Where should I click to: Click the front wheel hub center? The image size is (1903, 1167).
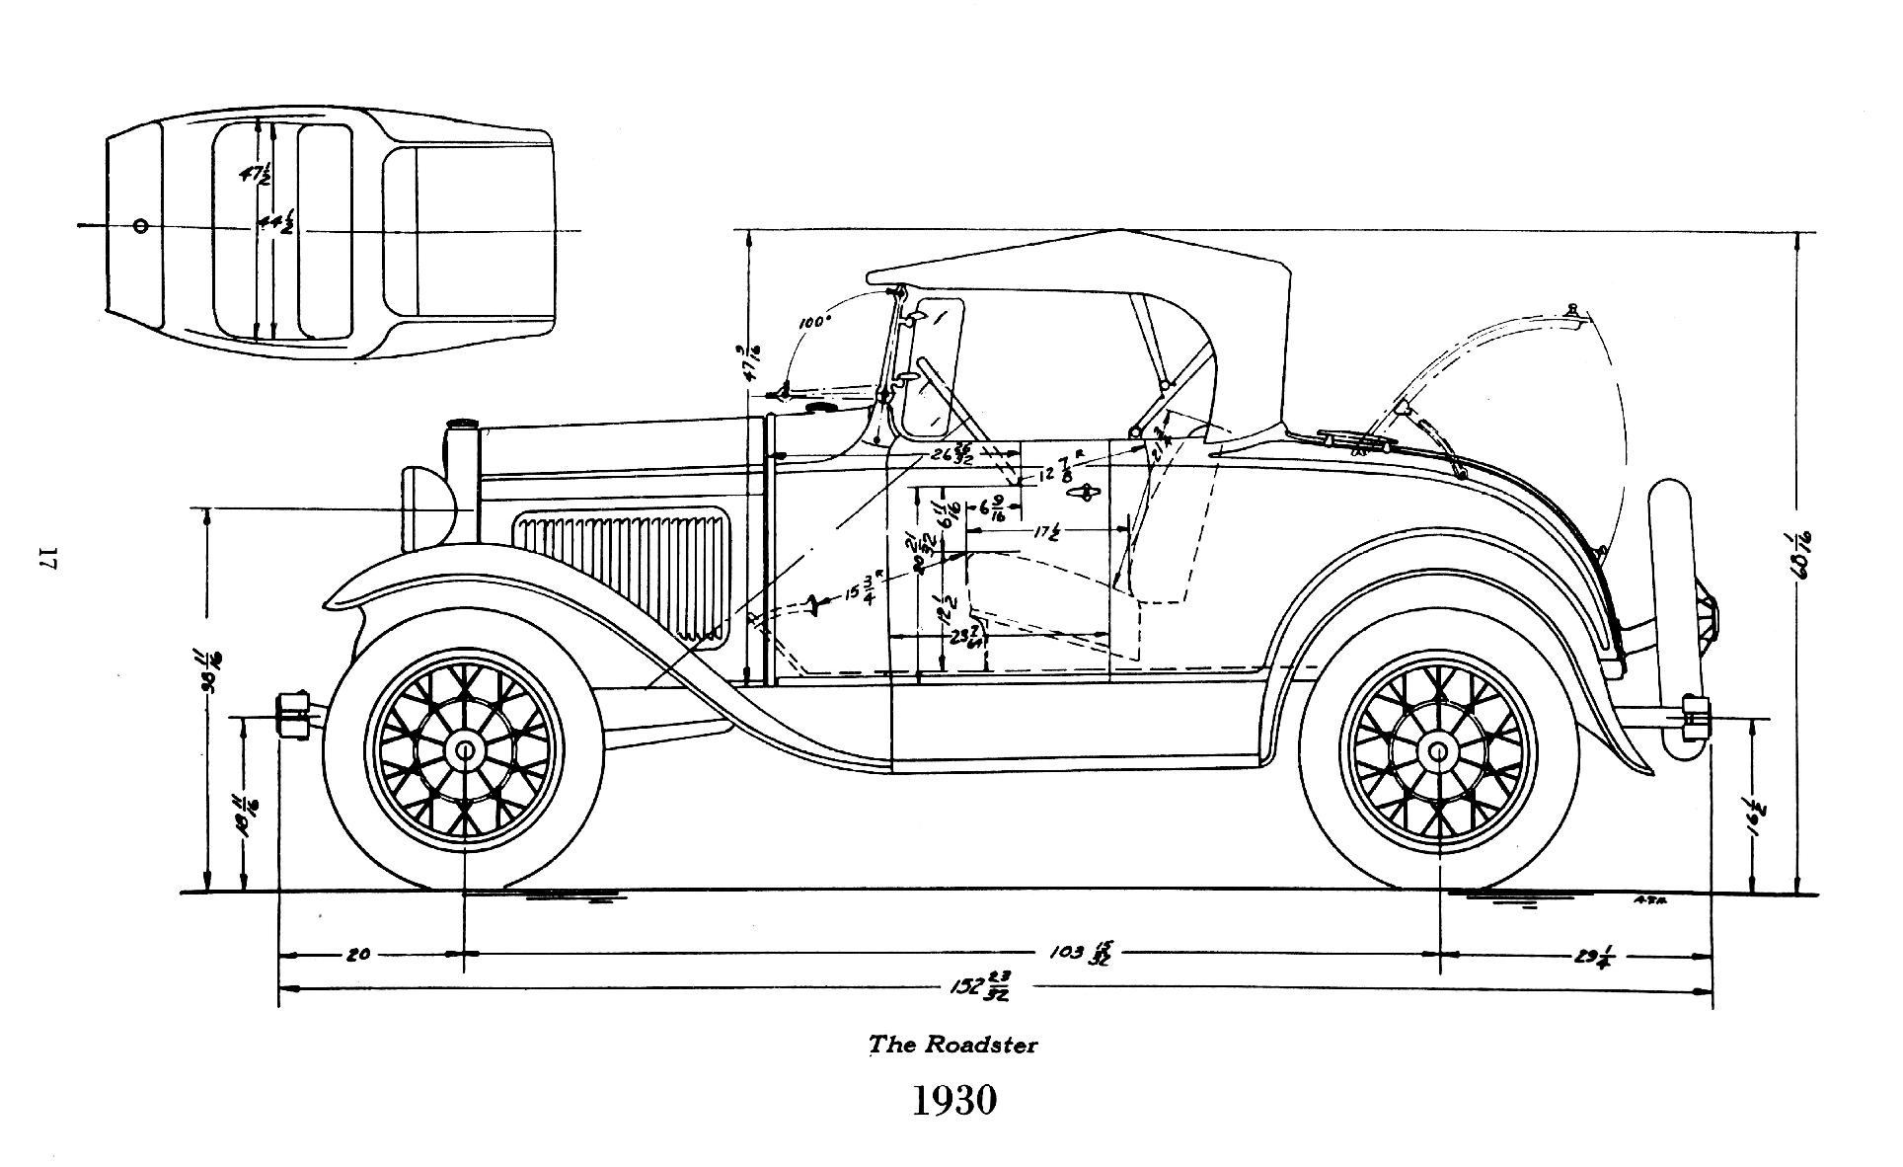[x=463, y=752]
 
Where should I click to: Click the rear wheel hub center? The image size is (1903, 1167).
[x=1438, y=752]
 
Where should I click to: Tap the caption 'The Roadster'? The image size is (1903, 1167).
[x=952, y=1044]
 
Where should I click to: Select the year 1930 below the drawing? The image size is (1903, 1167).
[x=952, y=1100]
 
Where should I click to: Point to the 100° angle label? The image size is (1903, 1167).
[x=815, y=322]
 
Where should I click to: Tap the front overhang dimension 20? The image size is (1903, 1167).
[x=358, y=955]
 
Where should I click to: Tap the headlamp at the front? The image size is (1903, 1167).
[x=428, y=509]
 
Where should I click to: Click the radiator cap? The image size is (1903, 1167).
[x=461, y=425]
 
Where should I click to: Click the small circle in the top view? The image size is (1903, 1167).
[x=140, y=226]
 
